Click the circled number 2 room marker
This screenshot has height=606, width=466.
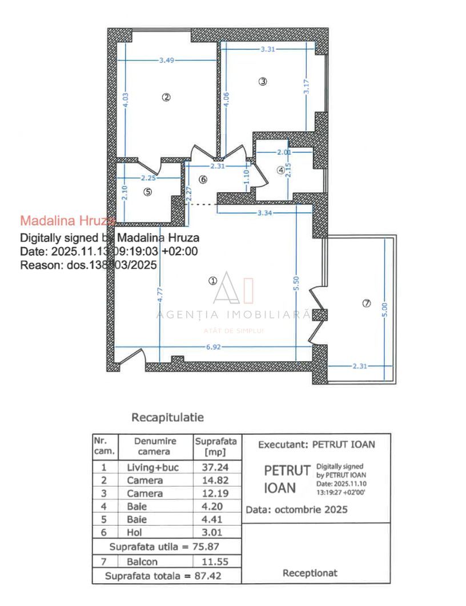[x=166, y=97]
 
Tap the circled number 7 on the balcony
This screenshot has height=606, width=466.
[x=367, y=304]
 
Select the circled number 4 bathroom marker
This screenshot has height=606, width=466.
[x=280, y=169]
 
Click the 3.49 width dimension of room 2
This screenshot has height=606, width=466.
[x=167, y=60]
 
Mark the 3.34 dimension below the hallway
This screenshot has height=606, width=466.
[x=264, y=213]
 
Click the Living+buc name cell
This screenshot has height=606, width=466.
[x=152, y=467]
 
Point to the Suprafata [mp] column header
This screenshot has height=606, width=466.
[x=216, y=446]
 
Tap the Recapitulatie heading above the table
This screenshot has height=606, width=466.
[x=167, y=418]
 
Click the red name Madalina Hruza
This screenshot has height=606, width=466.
[x=67, y=220]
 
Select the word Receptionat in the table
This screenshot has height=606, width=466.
[x=310, y=573]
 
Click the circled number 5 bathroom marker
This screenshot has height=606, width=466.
[x=148, y=192]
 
